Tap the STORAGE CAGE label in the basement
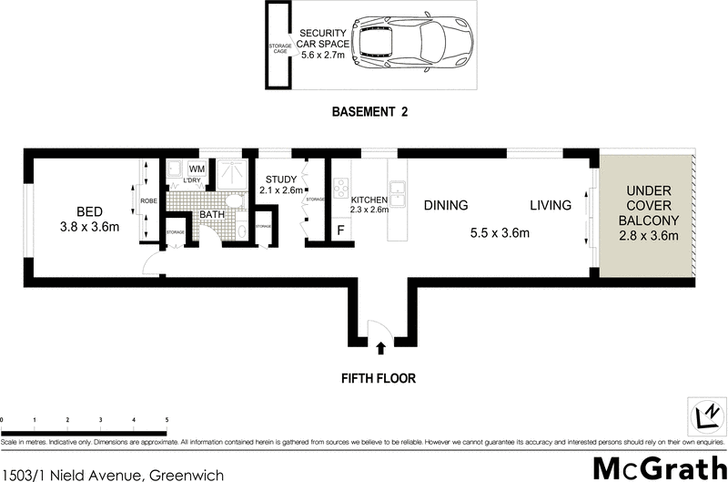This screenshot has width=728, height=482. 279,47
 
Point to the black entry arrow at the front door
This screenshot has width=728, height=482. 380,346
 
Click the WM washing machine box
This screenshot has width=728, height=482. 197,169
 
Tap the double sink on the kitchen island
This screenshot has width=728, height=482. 396,194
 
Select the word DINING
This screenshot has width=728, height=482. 445,205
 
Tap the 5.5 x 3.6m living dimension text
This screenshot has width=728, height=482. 500,233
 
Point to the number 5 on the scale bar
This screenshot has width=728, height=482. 167,420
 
